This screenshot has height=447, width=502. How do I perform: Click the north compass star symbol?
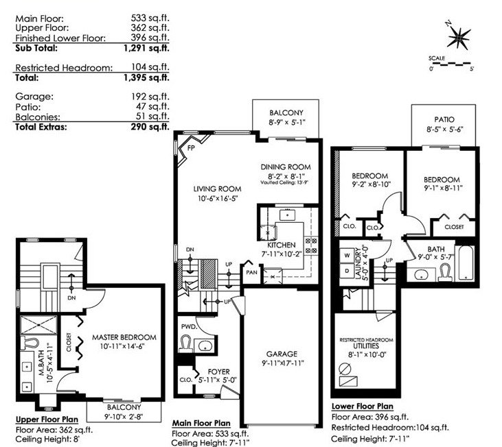[x=459, y=38]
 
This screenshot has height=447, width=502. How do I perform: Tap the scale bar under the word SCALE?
[x=450, y=64]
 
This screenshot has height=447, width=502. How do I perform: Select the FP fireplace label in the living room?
[x=191, y=148]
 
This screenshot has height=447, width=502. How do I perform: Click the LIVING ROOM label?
[x=218, y=189]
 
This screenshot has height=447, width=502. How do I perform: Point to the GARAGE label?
[x=282, y=354]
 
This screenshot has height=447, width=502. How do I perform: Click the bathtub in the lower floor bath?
[x=464, y=263]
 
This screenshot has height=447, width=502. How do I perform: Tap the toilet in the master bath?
[x=30, y=343]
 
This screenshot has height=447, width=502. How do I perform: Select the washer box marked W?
[x=347, y=255]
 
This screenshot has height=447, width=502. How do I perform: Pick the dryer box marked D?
[x=347, y=271]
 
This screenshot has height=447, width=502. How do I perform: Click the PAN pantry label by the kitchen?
[x=251, y=273]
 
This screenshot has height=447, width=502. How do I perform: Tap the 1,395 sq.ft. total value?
[x=147, y=77]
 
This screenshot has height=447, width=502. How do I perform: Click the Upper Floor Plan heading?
[x=47, y=420]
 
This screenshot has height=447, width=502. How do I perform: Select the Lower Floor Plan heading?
[x=362, y=406]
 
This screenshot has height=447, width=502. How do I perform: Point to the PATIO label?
[x=444, y=119]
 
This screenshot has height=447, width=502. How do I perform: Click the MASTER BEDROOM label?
[x=124, y=337]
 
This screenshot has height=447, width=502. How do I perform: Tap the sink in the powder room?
[x=204, y=346]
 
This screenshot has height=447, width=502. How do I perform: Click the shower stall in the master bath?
[x=38, y=325]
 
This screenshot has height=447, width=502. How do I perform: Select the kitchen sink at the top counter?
[x=287, y=215]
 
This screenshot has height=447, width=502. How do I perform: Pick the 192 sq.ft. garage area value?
[x=150, y=97]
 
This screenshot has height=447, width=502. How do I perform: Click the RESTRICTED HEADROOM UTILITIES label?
[x=366, y=343]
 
